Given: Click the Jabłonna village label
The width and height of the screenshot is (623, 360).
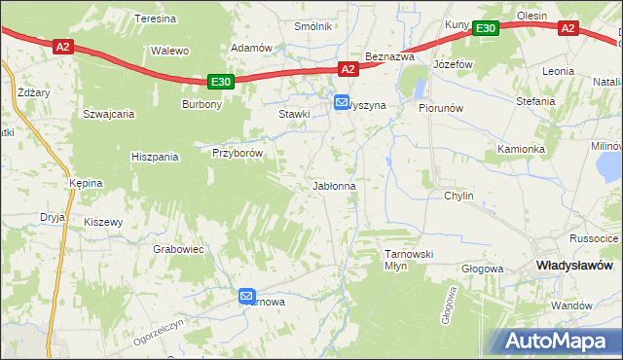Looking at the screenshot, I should pyautogui.click(x=333, y=185).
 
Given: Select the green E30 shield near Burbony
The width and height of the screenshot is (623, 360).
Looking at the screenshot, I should pyautogui.click(x=221, y=83).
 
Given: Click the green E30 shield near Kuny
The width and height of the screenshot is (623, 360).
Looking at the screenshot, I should pyautogui.click(x=487, y=29).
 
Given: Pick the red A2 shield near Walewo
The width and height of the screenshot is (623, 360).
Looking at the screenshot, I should pyautogui.click(x=63, y=46).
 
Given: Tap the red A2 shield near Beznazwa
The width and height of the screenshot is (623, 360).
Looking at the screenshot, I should pyautogui.click(x=348, y=69).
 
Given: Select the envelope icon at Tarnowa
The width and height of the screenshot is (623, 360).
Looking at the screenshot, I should pyautogui.click(x=246, y=297).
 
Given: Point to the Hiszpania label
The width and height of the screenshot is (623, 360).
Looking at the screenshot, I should pyautogui.click(x=155, y=156).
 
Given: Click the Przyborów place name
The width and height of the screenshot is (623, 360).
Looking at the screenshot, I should pyautogui.click(x=238, y=152).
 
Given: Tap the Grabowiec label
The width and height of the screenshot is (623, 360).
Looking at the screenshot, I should pyautogui.click(x=178, y=249).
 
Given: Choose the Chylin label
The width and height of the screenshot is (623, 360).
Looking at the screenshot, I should pyautogui.click(x=458, y=196).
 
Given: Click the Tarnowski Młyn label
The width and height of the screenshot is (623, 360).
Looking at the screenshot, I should pyautogui.click(x=408, y=259).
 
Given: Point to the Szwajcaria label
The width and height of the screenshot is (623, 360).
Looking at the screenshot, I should pyautogui.click(x=108, y=113).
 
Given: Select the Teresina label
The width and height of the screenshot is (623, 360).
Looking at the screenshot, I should pyautogui.click(x=155, y=18).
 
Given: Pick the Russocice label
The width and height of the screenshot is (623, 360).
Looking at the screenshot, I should pyautogui.click(x=594, y=238).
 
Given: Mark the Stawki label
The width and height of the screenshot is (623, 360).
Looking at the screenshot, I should pyautogui.click(x=294, y=114).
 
